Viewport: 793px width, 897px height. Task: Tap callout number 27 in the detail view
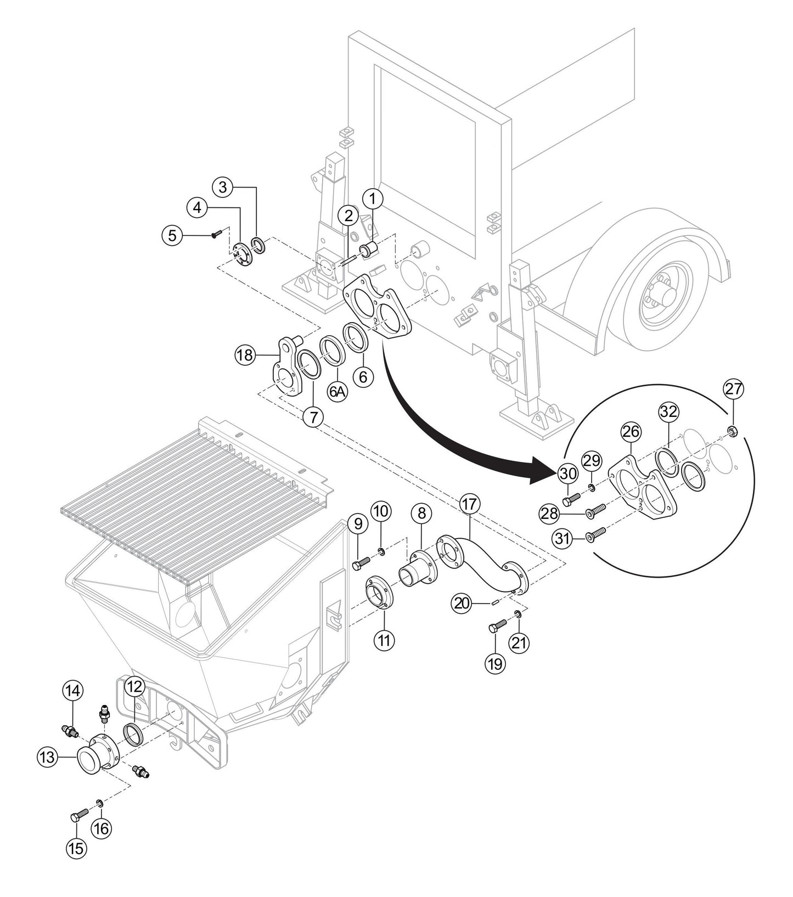(734, 390)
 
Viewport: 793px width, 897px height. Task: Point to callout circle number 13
(47, 757)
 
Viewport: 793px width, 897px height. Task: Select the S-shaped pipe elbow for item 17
(483, 565)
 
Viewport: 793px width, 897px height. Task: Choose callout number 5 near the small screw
(172, 236)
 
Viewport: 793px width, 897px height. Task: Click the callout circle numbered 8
(421, 514)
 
